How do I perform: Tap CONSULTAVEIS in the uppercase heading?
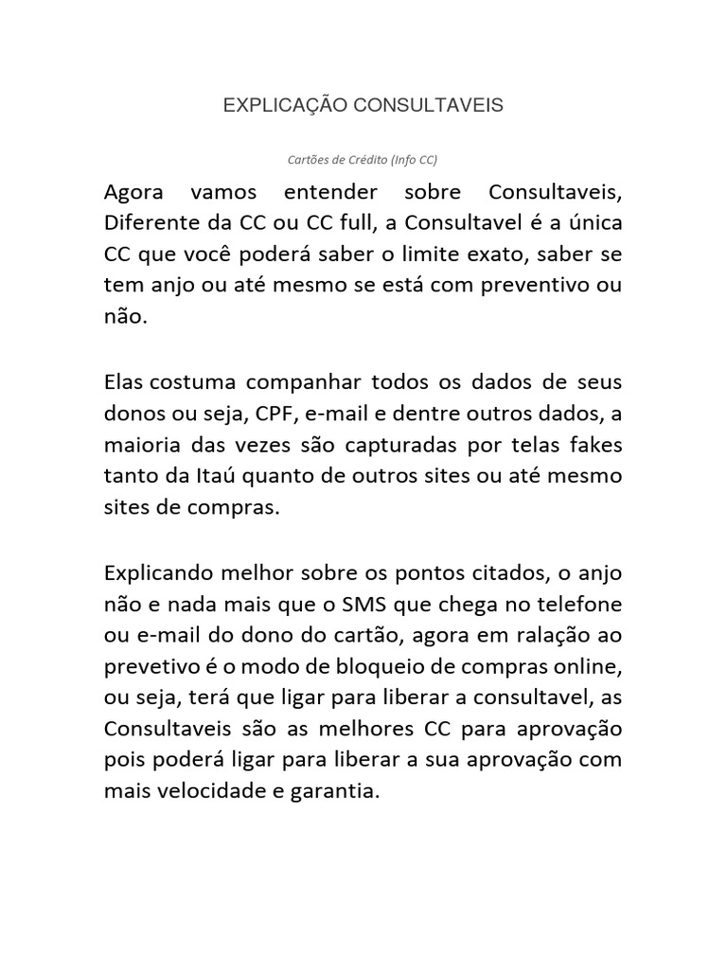[x=428, y=105]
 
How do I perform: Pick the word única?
[x=594, y=224]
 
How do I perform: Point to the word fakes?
[x=595, y=444]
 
